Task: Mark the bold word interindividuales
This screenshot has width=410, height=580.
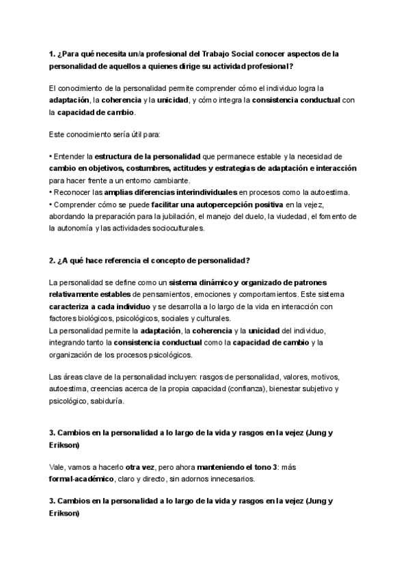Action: [200, 192]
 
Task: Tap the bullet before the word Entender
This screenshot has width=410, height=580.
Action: [51, 156]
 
